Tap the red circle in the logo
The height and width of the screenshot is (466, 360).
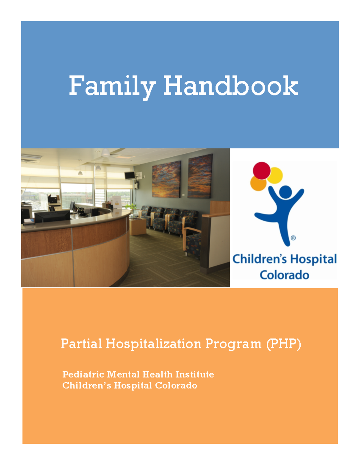pyautogui.click(x=262, y=170)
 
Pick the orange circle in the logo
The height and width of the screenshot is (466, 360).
pyautogui.click(x=258, y=183)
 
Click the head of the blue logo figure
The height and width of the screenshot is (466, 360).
pyautogui.click(x=285, y=192)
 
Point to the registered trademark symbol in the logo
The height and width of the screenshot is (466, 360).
pyautogui.click(x=293, y=238)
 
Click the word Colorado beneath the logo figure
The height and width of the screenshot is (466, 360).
pyautogui.click(x=284, y=275)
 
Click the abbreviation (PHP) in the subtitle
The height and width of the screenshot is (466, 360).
pyautogui.click(x=283, y=344)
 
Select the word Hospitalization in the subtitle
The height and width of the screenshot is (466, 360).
pyautogui.click(x=153, y=344)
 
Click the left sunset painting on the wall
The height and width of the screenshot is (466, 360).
pyautogui.click(x=166, y=179)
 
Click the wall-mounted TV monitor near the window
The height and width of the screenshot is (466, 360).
pyautogui.click(x=130, y=176)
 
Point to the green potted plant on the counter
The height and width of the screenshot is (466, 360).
pyautogui.click(x=130, y=207)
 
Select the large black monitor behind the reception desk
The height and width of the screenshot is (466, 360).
pyautogui.click(x=52, y=216)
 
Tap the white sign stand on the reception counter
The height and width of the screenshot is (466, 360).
pyautogui.click(x=117, y=202)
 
